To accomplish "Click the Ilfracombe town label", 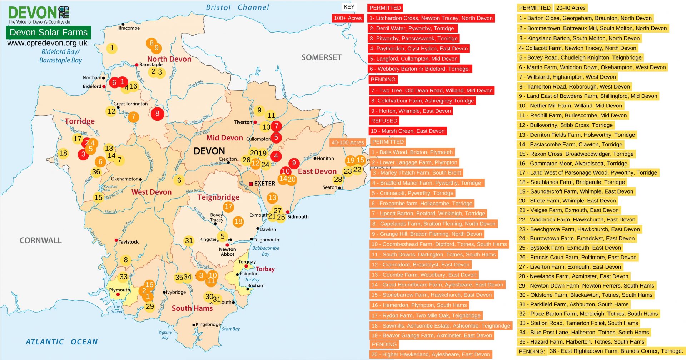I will (x=129, y=28).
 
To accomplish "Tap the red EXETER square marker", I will (x=251, y=184).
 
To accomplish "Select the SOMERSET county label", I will (x=321, y=57).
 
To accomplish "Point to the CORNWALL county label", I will (x=40, y=240).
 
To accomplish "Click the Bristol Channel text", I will (x=238, y=7).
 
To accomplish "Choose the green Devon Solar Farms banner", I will (x=49, y=32).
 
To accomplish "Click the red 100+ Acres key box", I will (x=348, y=18).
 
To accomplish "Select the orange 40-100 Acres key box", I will (x=348, y=142).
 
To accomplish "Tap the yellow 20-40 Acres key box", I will (x=571, y=8).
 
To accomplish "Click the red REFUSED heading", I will (x=384, y=121).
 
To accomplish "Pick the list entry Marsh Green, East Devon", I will (x=408, y=131).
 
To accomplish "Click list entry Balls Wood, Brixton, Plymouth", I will (x=412, y=152).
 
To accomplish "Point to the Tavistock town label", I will (x=128, y=242).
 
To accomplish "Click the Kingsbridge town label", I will (x=208, y=324).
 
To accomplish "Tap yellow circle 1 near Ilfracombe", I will (x=112, y=48).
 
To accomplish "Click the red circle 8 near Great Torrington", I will (x=157, y=114).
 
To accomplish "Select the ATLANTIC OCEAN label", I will (x=61, y=342).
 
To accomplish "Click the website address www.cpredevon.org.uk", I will (x=47, y=43).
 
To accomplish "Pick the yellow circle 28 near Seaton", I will (x=338, y=179).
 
